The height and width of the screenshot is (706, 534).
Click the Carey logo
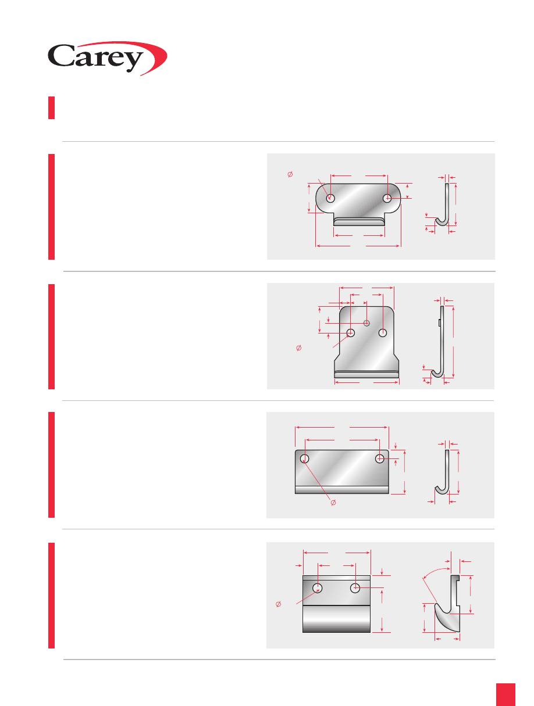point(107,58)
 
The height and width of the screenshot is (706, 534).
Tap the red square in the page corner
point(505,694)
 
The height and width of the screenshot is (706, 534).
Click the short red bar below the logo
point(51,107)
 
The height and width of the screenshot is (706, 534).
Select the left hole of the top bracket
point(330,199)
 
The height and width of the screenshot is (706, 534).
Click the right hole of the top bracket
point(387,199)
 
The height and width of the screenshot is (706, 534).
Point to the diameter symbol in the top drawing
point(290,174)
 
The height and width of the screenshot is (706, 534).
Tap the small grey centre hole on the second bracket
point(366,323)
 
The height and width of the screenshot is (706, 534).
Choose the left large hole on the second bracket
point(351,332)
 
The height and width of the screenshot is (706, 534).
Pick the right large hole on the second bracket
point(383,332)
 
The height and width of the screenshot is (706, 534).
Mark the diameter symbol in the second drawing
point(299,347)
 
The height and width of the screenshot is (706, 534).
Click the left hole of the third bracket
point(304,458)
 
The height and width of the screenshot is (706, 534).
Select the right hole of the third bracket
point(380,458)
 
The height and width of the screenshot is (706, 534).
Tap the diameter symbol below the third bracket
point(333,503)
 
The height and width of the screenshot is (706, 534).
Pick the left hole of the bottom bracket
point(318,588)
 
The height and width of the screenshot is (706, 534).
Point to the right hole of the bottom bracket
point(355,588)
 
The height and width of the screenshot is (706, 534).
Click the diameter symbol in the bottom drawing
point(279,604)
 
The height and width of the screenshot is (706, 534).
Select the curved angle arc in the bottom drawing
point(435,570)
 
